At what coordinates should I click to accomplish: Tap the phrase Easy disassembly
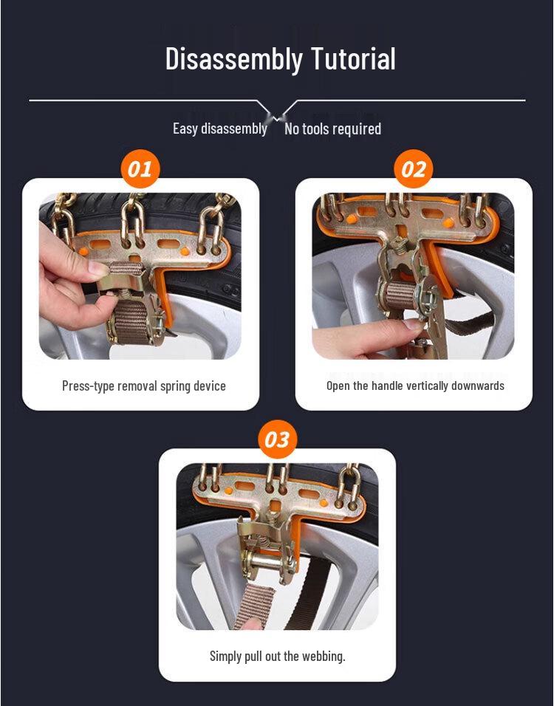click(219, 128)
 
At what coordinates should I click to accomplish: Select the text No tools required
click(332, 129)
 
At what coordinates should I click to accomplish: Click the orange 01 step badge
click(140, 169)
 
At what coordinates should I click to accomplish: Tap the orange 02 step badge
click(414, 169)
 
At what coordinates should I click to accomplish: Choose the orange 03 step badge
click(277, 440)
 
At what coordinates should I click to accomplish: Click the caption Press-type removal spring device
click(143, 385)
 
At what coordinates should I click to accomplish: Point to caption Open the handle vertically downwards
click(415, 385)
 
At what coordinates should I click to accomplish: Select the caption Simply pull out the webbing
click(277, 656)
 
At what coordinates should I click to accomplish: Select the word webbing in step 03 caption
click(323, 656)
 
